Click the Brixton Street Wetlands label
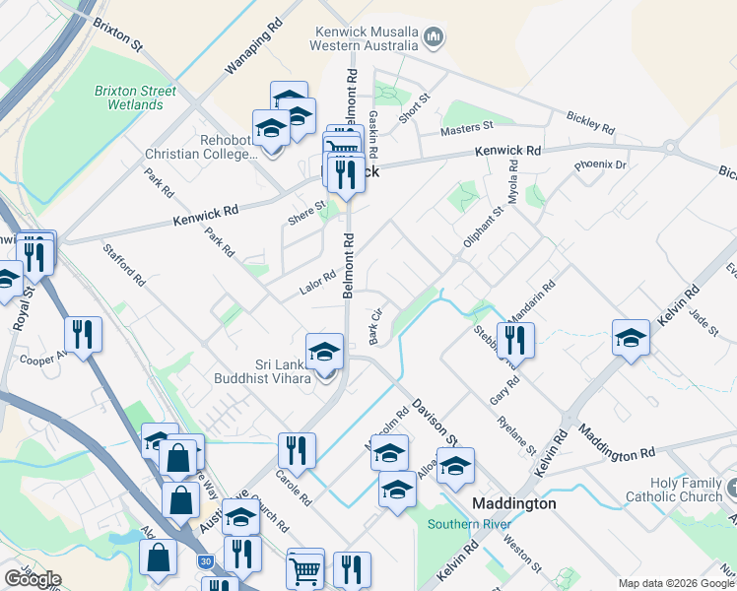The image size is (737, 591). (135, 98)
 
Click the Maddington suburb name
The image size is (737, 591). (514, 503)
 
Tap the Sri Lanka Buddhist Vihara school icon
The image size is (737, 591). (324, 352)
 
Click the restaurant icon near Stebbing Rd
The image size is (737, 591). (515, 340)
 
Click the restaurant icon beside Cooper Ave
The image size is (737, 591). (83, 334)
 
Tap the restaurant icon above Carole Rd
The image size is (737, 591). (297, 450)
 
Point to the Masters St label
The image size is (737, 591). (466, 128)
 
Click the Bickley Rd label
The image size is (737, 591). (590, 122)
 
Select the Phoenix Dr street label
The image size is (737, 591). (599, 165)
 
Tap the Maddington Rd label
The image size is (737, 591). (617, 443)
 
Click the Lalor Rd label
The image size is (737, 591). (317, 283)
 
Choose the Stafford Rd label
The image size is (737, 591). (124, 264)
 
